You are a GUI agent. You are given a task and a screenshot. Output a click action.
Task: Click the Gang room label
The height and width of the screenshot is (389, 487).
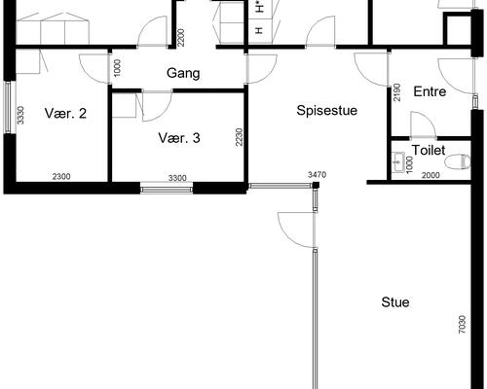point(183,73)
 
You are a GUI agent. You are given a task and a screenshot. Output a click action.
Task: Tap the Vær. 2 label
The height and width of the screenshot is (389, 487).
point(65,114)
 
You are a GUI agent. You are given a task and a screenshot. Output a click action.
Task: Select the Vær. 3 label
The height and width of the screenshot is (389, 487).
point(179,138)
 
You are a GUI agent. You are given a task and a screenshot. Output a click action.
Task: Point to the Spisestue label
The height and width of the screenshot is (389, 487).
point(327,111)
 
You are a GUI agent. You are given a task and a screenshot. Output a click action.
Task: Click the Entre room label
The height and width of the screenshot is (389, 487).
point(430,91)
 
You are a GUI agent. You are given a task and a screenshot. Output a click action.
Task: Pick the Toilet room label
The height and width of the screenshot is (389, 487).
point(429,150)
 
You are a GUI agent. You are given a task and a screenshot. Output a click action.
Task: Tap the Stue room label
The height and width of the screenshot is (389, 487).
point(395,302)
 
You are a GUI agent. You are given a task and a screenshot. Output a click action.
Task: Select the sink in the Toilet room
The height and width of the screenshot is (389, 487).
point(397,160)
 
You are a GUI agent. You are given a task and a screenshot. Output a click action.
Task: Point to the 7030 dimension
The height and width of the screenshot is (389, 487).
point(463,325)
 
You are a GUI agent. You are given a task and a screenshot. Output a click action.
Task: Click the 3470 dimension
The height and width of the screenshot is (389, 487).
point(317,175)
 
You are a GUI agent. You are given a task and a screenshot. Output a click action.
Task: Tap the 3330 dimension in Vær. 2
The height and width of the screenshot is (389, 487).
point(20,116)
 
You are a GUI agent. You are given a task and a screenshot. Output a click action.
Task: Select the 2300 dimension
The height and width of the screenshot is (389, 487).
point(61,177)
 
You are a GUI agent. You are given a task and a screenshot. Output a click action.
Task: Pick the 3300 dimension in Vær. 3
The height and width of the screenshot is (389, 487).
point(177,178)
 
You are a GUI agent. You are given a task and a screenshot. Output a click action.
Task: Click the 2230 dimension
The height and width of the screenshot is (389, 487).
point(239,137)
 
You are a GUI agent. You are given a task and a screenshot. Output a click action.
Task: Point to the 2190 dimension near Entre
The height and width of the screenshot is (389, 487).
point(396,92)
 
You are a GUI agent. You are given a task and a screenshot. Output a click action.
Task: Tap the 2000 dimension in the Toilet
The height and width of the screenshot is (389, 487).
point(431,175)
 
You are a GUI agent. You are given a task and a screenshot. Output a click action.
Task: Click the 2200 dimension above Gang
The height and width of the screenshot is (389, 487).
point(181,38)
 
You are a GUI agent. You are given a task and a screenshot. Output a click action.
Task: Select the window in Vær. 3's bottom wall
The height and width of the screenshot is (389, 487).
point(167,188)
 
